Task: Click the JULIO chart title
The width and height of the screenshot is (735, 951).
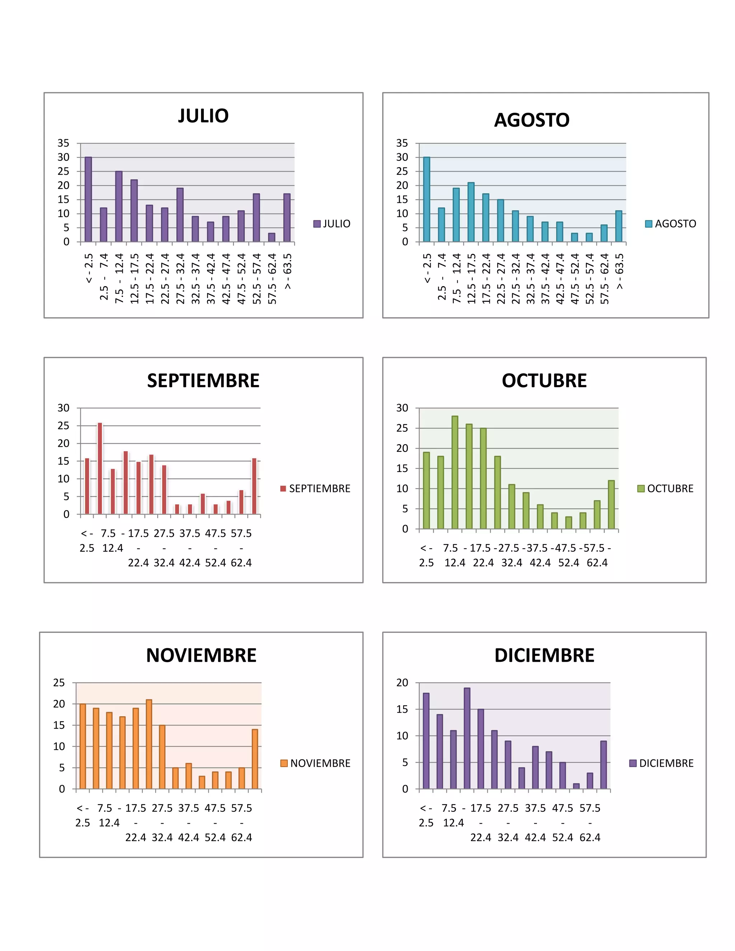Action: point(203,116)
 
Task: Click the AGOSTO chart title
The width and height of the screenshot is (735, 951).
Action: point(532,120)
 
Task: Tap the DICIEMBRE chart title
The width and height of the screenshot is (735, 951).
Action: point(544,655)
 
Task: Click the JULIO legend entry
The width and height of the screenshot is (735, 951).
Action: point(332,224)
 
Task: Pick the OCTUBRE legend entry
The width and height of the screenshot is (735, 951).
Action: point(665,488)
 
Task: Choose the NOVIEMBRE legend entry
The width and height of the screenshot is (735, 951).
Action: point(316,763)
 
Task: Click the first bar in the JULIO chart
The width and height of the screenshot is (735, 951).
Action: point(88,200)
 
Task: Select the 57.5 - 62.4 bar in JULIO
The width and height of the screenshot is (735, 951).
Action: point(272,237)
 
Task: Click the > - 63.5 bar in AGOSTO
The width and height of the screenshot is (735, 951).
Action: point(619,226)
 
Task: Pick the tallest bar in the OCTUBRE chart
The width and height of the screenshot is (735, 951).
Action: point(455,473)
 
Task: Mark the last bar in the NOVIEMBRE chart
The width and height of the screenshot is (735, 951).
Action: point(255,759)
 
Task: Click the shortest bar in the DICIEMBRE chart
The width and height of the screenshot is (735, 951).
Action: point(576,786)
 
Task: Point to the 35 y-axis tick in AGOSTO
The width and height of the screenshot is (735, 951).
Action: point(402,143)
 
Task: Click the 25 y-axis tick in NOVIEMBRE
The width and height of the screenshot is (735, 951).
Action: point(59,683)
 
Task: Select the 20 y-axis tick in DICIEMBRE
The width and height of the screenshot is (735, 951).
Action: point(402,683)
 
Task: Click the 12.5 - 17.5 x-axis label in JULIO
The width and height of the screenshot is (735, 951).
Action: point(134,279)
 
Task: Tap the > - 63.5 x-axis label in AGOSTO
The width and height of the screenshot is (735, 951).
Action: point(619,271)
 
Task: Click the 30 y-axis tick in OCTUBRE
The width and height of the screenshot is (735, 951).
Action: point(402,408)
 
